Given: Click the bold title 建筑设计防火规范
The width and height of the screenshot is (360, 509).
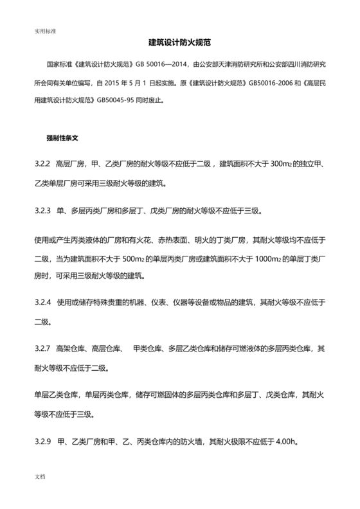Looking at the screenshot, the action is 180,42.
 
